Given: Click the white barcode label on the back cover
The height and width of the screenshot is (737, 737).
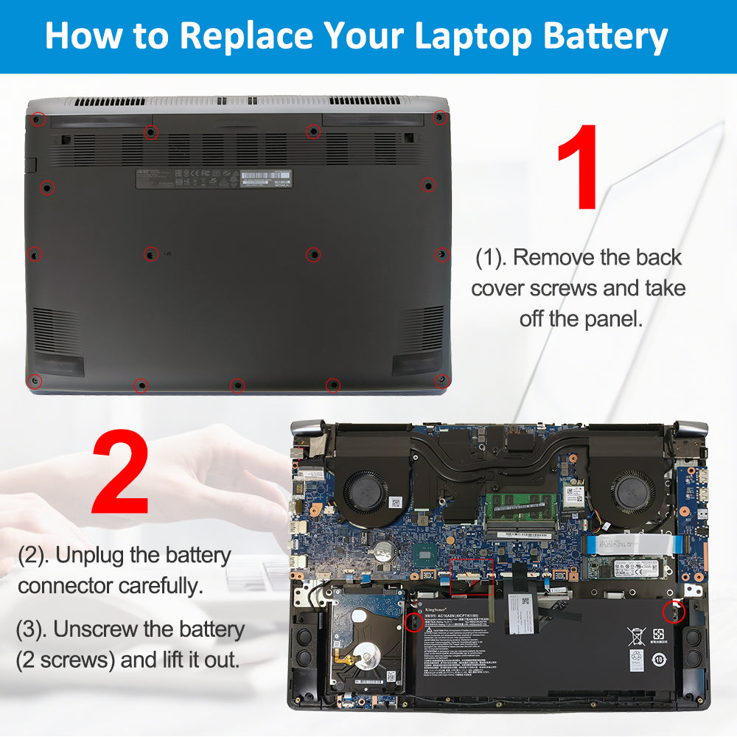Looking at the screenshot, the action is pos(266,177).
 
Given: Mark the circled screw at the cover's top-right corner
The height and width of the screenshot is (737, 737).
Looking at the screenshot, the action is pos(440,116).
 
